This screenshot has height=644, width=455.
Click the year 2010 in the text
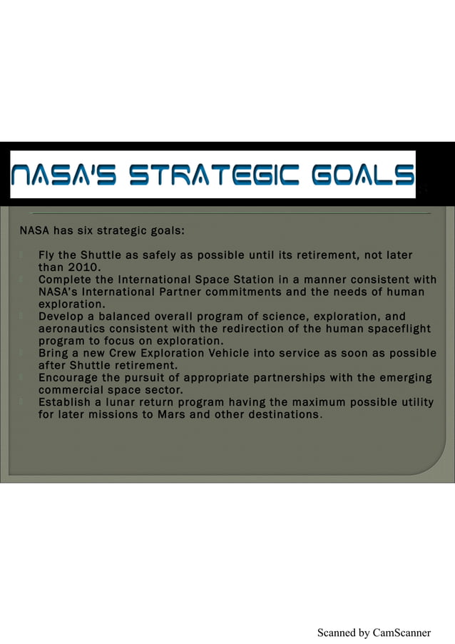pos(81,267)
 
